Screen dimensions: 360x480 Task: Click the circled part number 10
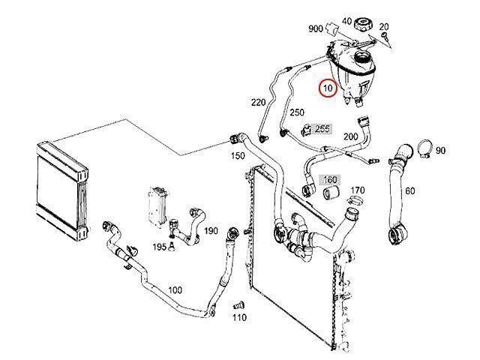327,88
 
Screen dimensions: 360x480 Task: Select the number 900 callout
315,28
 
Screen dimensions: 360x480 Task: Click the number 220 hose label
258,103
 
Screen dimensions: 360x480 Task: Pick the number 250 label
297,112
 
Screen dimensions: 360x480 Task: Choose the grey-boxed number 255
322,129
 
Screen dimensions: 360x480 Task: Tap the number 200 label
349,137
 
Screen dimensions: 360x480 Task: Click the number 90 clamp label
440,151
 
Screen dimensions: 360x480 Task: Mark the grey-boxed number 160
330,180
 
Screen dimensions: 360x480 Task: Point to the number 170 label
358,190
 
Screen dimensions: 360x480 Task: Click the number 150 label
237,156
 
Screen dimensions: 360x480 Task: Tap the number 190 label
210,231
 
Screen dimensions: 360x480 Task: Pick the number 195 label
159,246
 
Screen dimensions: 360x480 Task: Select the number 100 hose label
175,290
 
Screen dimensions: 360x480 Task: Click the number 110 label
239,317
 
